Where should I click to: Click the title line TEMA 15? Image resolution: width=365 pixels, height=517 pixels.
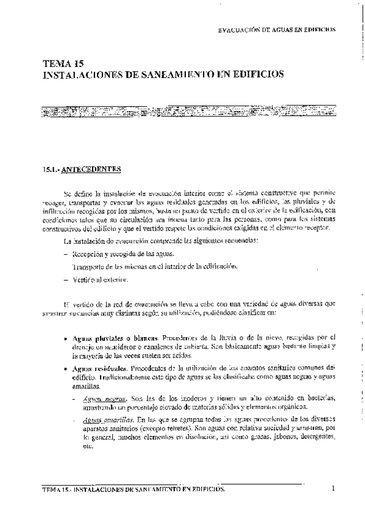coord(64,63)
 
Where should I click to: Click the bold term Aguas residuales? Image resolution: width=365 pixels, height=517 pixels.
coord(98,368)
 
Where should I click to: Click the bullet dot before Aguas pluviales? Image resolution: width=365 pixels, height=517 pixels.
coord(65,337)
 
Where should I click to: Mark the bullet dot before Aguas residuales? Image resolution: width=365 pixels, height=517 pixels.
coord(65,369)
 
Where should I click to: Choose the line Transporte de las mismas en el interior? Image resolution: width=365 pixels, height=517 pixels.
coord(150,266)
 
